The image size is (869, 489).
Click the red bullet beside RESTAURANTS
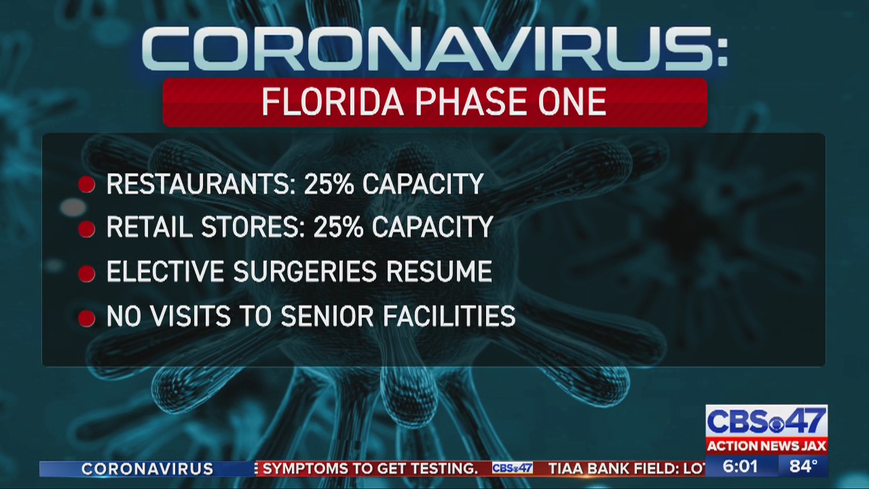[86, 184]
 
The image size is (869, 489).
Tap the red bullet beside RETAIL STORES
[86, 229]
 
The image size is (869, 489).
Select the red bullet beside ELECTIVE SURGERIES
[86, 274]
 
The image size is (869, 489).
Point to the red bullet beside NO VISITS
[86, 319]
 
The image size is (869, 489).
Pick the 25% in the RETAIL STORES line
[339, 227]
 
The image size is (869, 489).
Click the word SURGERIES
[305, 271]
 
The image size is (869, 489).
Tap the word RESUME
[439, 271]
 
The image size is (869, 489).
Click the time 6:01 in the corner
[740, 467]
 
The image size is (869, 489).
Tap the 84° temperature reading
[803, 467]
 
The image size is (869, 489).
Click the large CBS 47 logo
[766, 422]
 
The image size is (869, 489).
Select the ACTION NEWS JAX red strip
[766, 446]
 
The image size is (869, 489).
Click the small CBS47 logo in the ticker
[513, 469]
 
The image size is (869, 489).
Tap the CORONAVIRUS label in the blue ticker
[147, 469]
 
